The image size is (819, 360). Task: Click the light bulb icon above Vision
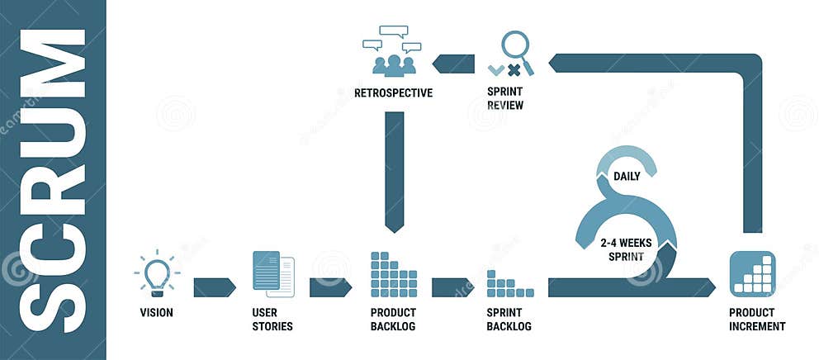(x=157, y=274)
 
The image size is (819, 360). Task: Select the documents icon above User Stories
(x=273, y=274)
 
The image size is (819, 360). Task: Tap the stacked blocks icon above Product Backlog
(x=394, y=274)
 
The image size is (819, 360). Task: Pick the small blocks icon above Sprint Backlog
(x=509, y=283)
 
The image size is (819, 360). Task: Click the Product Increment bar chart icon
(x=752, y=274)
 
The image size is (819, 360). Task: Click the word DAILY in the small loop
(x=627, y=176)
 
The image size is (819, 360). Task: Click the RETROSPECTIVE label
(x=393, y=93)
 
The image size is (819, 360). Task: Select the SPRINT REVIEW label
(x=505, y=99)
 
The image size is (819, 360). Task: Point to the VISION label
(x=156, y=313)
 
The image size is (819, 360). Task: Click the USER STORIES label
(x=272, y=320)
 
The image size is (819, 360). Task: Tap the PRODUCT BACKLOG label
(x=394, y=320)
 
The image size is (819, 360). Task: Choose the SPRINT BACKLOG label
(x=509, y=320)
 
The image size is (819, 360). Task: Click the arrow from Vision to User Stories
(x=214, y=287)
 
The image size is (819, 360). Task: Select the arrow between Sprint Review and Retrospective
(x=454, y=64)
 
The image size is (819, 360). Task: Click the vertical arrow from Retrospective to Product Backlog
(x=394, y=169)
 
